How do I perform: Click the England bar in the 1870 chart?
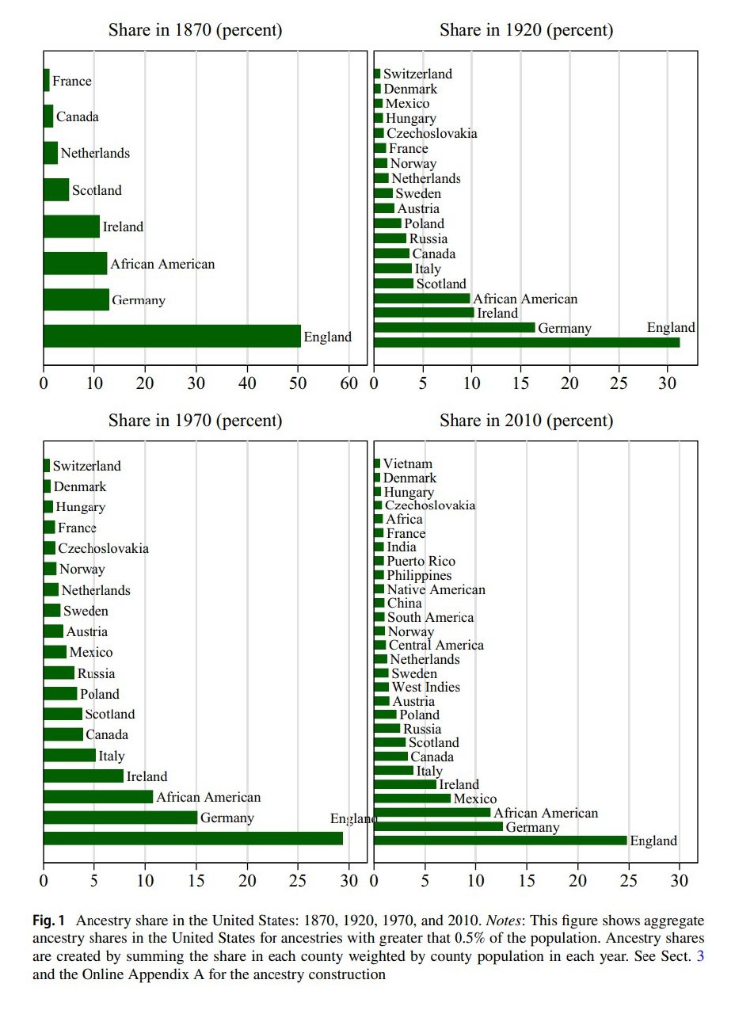(x=172, y=336)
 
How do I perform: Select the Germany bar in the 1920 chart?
(x=454, y=327)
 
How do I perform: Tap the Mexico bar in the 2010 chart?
(x=412, y=799)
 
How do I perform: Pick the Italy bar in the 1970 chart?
(x=70, y=756)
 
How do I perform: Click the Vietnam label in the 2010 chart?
(x=409, y=463)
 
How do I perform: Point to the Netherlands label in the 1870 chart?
(x=95, y=153)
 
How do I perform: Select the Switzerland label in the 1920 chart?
(x=418, y=74)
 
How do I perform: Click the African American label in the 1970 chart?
(x=208, y=797)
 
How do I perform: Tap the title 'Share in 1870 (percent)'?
(x=195, y=31)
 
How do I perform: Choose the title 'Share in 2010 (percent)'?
(x=526, y=421)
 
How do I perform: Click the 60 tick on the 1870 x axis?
(x=349, y=383)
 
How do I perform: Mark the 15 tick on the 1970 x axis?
(x=196, y=880)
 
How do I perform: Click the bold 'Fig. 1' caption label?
(x=48, y=921)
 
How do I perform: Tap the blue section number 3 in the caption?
(x=699, y=956)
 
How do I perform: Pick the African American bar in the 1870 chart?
(x=75, y=263)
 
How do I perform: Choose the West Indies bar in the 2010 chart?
(x=381, y=687)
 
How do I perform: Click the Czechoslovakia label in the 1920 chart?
(x=432, y=133)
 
